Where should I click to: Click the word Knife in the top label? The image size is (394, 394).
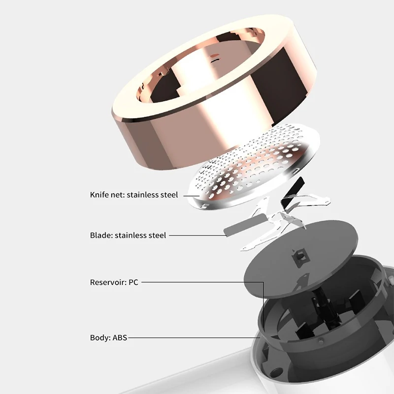tap(99, 195)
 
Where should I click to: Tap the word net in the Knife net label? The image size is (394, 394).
tap(118, 195)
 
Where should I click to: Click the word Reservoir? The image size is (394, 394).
tap(107, 282)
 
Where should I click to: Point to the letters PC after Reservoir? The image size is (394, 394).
tap(133, 282)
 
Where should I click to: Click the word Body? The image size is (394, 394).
tap(100, 337)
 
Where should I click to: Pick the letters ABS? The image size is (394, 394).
tap(120, 337)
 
